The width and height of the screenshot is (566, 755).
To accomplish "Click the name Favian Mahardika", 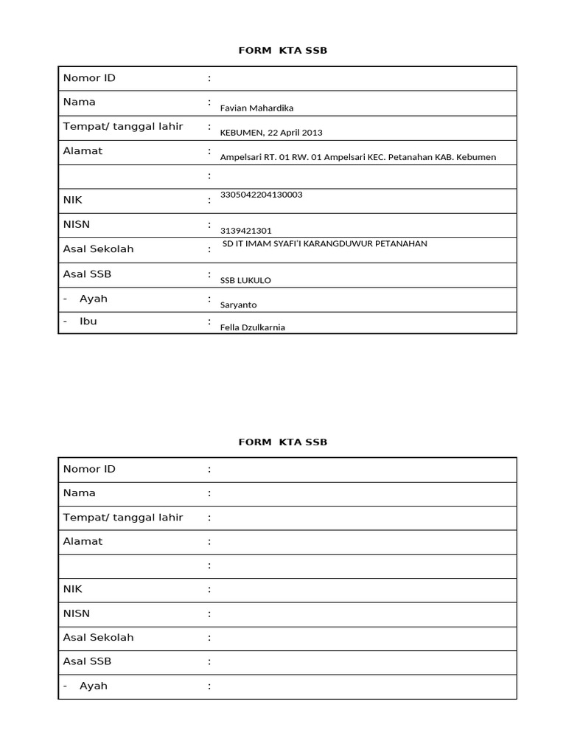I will click(x=256, y=108).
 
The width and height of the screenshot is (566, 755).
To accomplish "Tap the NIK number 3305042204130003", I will click(x=261, y=195).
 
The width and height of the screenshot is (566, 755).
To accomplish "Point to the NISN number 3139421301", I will click(x=246, y=231).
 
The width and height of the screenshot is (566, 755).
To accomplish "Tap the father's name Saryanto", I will click(x=239, y=305).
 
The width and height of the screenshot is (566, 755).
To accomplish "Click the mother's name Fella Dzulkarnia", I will click(x=252, y=328).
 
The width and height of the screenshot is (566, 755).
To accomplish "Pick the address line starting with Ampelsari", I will click(x=357, y=157).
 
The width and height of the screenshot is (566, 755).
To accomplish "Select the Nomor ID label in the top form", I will click(x=89, y=78).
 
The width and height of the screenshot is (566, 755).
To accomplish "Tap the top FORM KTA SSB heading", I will click(x=282, y=50).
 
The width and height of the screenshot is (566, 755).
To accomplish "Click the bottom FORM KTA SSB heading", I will click(x=282, y=442).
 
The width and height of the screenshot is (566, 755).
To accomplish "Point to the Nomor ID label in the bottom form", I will click(x=89, y=469).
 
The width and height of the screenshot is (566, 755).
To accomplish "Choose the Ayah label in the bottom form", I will click(x=93, y=686).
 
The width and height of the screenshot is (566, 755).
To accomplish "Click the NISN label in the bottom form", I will click(x=77, y=613).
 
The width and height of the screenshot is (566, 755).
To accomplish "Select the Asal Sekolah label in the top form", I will click(x=98, y=249).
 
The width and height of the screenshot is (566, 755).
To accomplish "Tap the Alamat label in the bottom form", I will click(x=83, y=541).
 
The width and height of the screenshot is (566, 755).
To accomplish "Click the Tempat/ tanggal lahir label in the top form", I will click(x=122, y=127).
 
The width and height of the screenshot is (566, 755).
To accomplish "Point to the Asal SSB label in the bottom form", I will click(x=87, y=661).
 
